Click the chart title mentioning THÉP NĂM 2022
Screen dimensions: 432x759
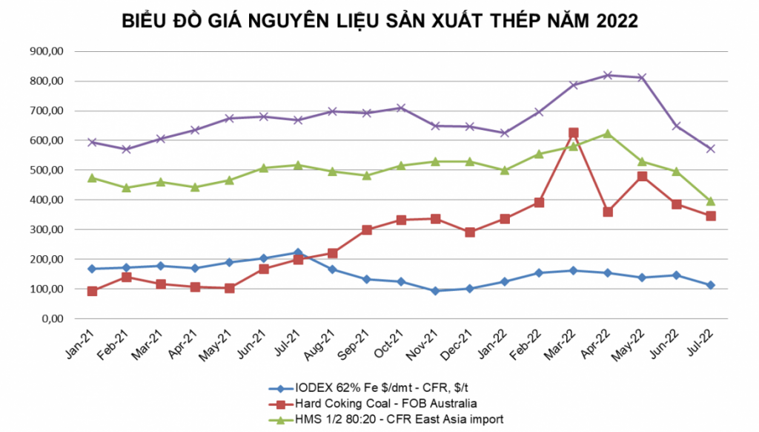[379, 22]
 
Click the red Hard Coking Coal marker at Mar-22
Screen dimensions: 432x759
[574, 134]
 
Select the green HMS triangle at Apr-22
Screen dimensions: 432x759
[608, 134]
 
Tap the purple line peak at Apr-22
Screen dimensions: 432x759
[608, 75]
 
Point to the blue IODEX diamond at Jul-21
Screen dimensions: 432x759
[298, 252]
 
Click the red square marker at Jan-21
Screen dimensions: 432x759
[92, 291]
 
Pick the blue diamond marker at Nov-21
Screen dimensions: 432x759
[436, 291]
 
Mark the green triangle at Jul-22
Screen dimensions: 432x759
[711, 201]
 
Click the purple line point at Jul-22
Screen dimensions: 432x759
[711, 148]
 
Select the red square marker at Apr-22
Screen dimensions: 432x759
[608, 212]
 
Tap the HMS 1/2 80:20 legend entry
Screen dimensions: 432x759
[400, 419]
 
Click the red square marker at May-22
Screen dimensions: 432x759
[642, 177]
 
